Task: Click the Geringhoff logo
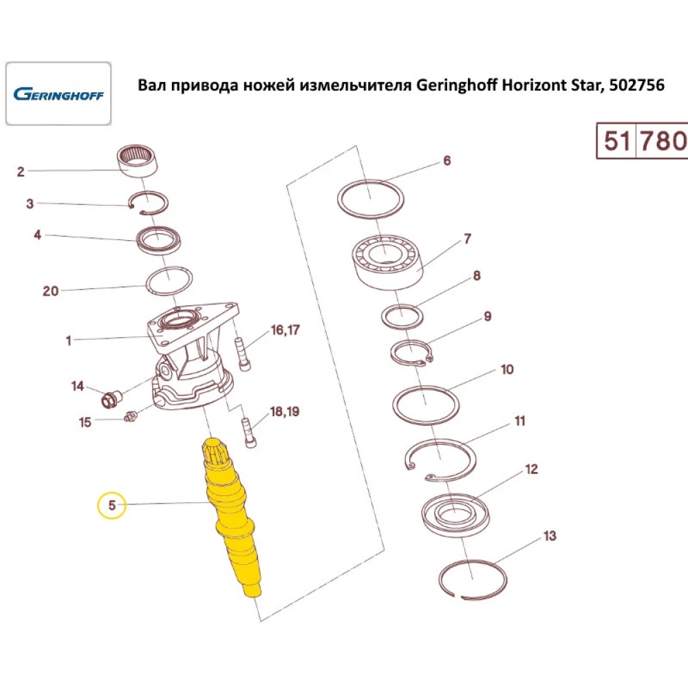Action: (58, 94)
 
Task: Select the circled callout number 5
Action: (112, 506)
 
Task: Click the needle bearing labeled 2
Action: (140, 161)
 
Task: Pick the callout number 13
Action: (549, 536)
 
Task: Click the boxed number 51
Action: (617, 141)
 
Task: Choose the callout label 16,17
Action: (286, 331)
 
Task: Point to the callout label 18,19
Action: (286, 412)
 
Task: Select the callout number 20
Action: (51, 290)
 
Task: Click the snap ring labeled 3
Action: (147, 201)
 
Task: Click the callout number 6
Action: (447, 161)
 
